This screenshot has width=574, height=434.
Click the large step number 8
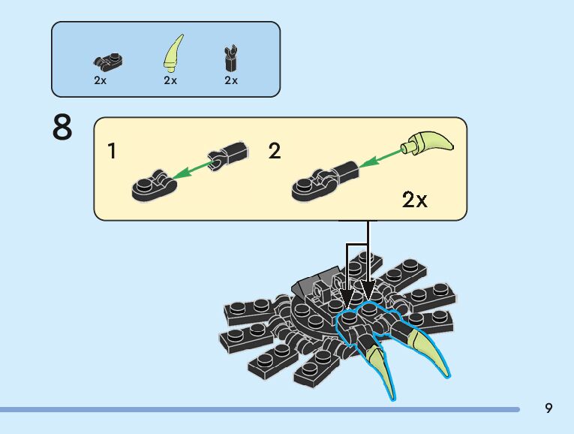click(x=63, y=128)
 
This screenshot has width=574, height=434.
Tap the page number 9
click(x=548, y=408)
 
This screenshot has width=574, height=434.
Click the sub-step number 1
click(x=113, y=152)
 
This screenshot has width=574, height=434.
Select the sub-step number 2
click(x=275, y=152)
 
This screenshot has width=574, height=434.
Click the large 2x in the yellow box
click(x=414, y=200)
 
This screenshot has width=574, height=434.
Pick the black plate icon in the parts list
click(x=109, y=61)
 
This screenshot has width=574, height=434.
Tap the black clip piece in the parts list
click(x=231, y=56)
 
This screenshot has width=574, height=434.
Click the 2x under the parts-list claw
click(x=170, y=80)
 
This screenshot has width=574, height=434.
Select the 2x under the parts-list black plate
click(x=101, y=80)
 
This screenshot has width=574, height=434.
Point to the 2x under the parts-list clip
click(x=231, y=80)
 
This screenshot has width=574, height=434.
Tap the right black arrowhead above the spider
click(x=368, y=290)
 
